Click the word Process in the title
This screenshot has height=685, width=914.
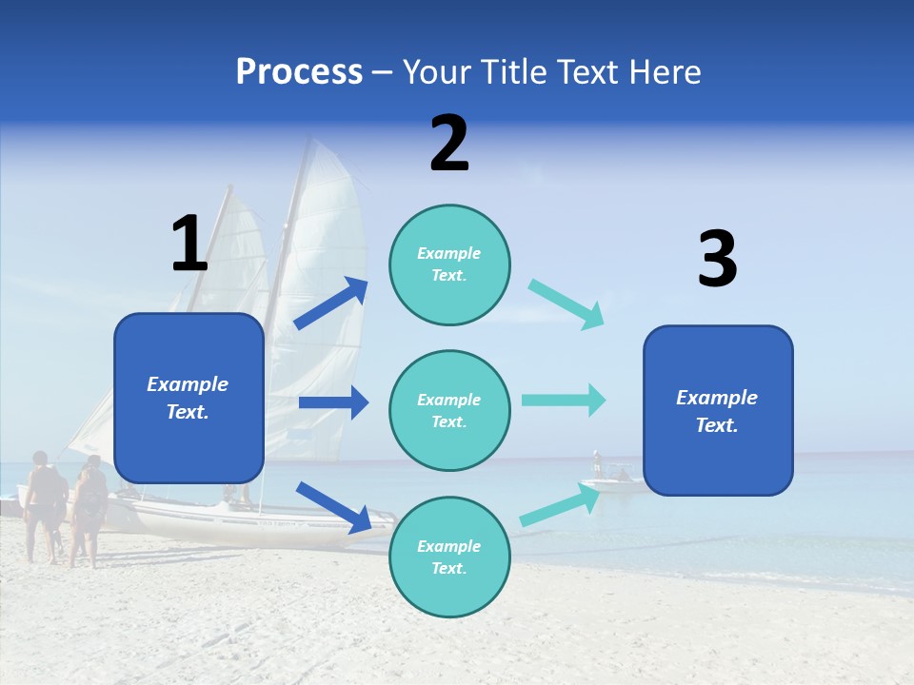coord(299,71)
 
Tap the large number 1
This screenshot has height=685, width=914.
coord(189,244)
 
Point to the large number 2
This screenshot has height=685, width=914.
coord(449,144)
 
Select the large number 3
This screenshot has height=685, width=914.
coord(717,259)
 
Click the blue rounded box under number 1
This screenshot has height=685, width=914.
coord(189,398)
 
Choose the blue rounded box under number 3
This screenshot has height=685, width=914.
coord(718,410)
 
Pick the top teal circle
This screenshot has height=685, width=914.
coord(449,264)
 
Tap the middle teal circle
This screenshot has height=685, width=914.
coord(449,410)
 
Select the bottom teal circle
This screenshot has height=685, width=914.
coord(449,557)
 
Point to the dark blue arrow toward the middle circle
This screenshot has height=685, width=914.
coord(333,402)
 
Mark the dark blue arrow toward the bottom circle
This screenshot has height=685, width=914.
coord(334,507)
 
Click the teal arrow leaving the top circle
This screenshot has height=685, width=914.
coord(566,304)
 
